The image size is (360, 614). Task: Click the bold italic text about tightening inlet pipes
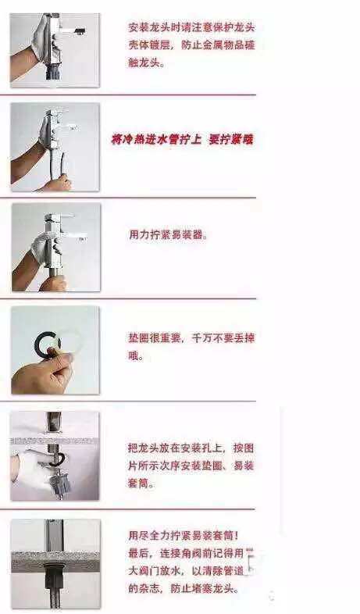coord(183,139)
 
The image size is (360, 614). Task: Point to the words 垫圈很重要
coord(155,337)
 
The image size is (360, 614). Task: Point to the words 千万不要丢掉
coord(223,337)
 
